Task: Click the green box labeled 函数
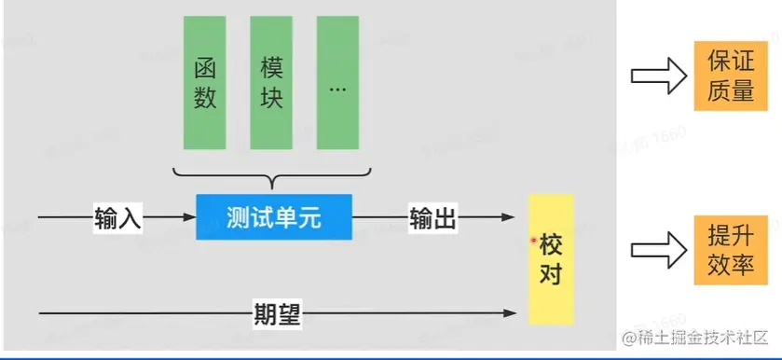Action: point(206,83)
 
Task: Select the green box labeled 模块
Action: point(272,83)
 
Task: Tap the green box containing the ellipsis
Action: point(337,83)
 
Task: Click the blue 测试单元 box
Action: point(273,217)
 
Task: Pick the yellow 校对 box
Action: point(551,258)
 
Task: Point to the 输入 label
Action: point(117,218)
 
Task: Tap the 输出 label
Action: point(433,218)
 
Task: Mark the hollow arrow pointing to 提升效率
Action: point(657,249)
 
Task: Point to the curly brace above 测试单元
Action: point(272,175)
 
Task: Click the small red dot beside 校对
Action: point(534,242)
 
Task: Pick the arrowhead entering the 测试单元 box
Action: point(190,218)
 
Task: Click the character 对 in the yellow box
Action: point(551,275)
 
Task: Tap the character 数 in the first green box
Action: point(206,99)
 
